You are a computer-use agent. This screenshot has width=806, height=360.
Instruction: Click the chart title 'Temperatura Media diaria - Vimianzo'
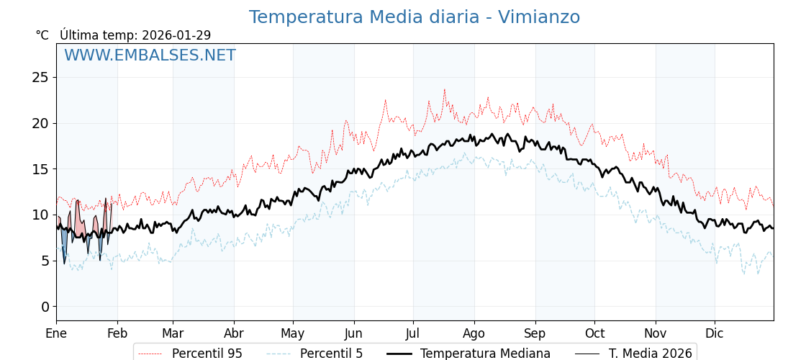414,17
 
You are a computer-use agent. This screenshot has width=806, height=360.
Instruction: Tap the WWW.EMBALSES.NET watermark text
150,55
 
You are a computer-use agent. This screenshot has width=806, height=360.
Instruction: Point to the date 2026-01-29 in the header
176,35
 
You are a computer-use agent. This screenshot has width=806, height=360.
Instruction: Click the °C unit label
42,35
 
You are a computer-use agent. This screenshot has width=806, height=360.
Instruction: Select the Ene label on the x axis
56,333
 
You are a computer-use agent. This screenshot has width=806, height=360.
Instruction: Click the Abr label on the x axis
234,333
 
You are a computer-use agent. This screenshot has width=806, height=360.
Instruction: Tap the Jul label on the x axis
413,333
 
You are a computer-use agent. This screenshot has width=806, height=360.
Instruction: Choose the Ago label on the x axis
474,333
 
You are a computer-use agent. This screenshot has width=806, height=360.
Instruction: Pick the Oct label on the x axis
594,333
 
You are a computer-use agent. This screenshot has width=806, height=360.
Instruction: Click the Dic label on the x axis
715,333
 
